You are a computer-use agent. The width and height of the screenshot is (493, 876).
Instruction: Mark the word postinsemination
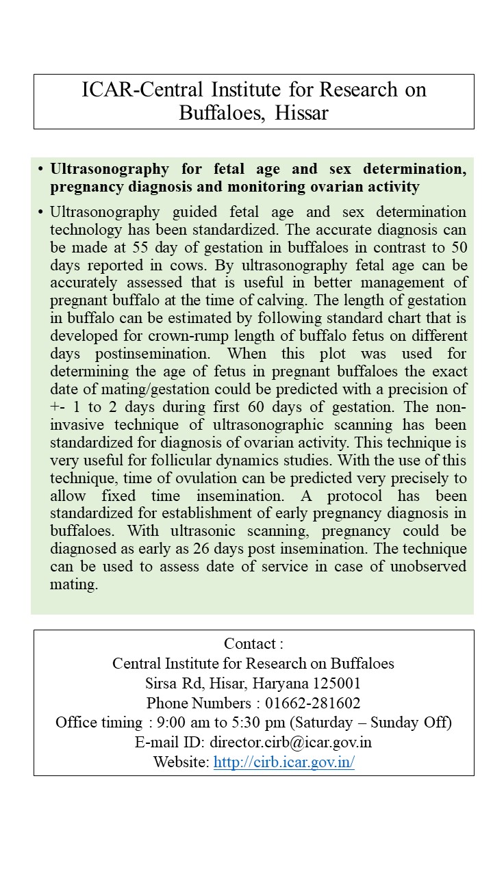click(149, 353)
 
